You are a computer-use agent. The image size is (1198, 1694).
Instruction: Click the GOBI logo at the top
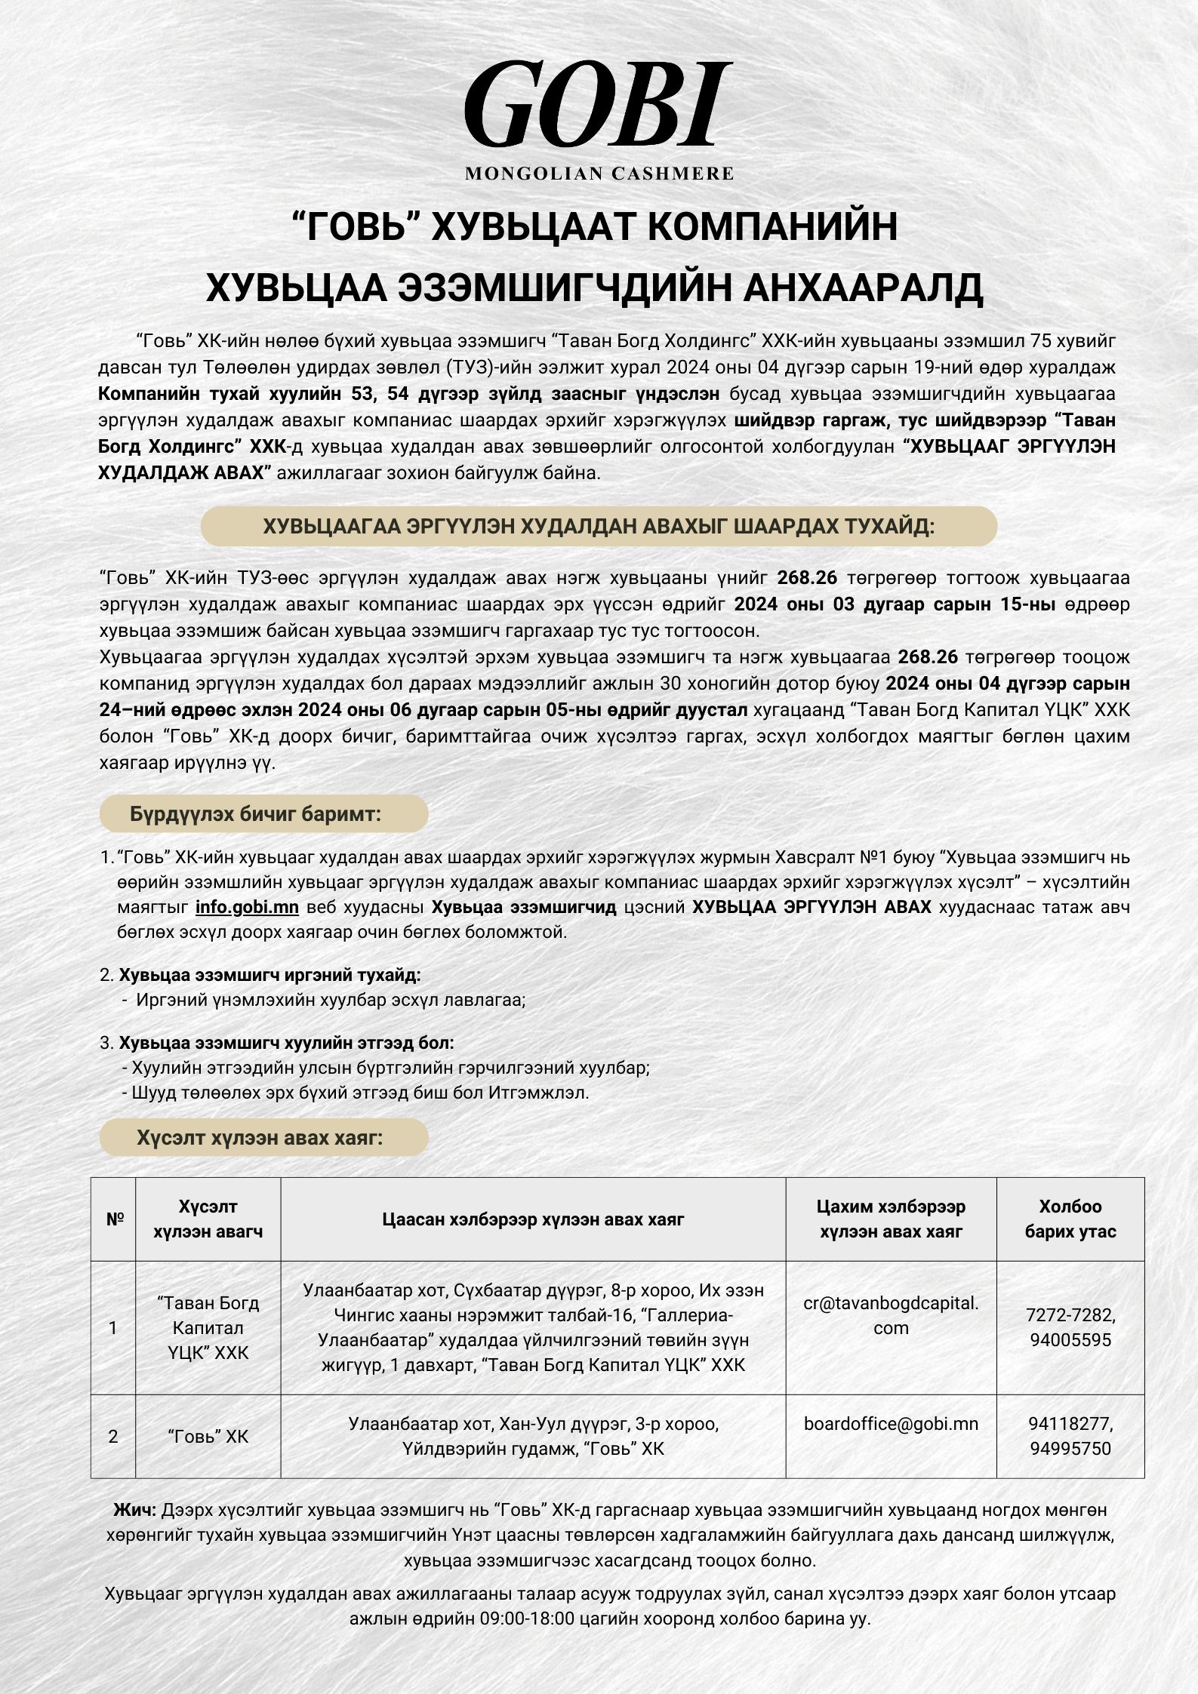pos(599,106)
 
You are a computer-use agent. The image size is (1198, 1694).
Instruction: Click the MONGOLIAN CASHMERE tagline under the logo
pos(599,174)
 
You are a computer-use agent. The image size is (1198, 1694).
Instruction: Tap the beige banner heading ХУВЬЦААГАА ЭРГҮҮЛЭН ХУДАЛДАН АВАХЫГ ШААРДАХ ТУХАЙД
pos(599,526)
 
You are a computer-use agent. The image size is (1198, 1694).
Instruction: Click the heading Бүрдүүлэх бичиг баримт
pos(255,814)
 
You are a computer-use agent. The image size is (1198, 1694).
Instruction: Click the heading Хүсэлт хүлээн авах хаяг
pos(260,1138)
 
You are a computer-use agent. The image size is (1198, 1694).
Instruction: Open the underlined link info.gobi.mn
pos(247,907)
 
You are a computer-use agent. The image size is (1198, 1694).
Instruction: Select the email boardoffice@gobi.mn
pos(891,1424)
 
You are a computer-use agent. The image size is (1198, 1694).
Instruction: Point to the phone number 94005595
pos(1070,1340)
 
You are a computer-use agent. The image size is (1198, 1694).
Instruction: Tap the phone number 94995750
pos(1070,1448)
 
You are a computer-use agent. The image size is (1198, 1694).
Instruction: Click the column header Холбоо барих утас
pos(1070,1219)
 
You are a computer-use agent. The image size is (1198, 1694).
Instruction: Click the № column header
pos(114,1219)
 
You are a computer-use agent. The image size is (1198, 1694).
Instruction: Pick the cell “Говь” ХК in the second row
pos(208,1437)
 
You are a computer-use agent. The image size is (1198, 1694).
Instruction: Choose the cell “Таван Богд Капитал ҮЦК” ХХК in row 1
pos(208,1328)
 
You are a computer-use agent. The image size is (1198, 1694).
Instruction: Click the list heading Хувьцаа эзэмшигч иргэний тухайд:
pos(269,975)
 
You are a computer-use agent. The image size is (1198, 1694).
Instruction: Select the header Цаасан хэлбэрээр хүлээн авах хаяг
pos(533,1219)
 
